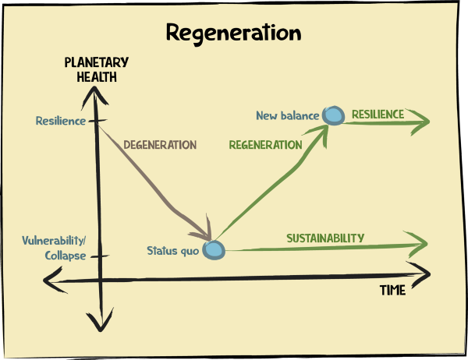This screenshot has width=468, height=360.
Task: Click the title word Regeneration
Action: [x=233, y=34]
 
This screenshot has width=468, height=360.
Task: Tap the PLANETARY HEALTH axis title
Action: [x=97, y=69]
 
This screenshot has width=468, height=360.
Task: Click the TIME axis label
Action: [x=392, y=290]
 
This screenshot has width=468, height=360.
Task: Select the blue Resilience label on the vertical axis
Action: [x=60, y=121]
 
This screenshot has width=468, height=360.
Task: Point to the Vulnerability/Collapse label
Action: [x=54, y=247]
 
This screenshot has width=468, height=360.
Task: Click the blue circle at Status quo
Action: [x=214, y=250]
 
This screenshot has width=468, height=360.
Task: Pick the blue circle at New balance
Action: [x=334, y=116]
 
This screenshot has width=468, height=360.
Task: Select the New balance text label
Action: [x=287, y=116]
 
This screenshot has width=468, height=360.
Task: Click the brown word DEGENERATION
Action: [x=160, y=145]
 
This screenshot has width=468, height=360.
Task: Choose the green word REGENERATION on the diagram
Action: [x=265, y=145]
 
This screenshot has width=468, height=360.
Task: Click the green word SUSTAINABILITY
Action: [x=325, y=238]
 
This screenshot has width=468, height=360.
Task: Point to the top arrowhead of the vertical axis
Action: [x=95, y=92]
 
